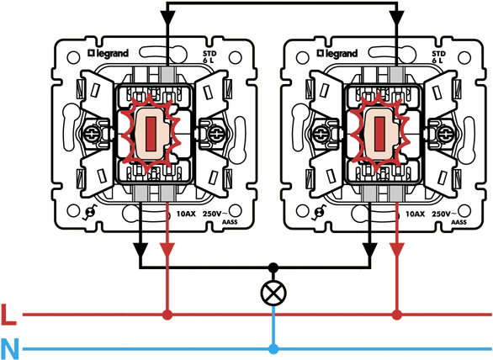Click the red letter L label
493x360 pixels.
pyautogui.click(x=8, y=315)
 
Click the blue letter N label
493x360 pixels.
pyautogui.click(x=10, y=349)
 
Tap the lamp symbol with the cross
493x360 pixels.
pyautogui.click(x=273, y=293)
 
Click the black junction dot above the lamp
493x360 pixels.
pyautogui.click(x=273, y=267)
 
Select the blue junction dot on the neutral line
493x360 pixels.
pyautogui.click(x=273, y=349)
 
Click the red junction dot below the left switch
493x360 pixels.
pyautogui.click(x=167, y=315)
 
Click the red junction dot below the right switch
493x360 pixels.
pyautogui.click(x=397, y=315)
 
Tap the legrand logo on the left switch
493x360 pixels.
pyautogui.click(x=109, y=54)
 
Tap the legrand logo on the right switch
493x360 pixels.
pyautogui.click(x=337, y=54)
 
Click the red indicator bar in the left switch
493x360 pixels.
pyautogui.click(x=151, y=134)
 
